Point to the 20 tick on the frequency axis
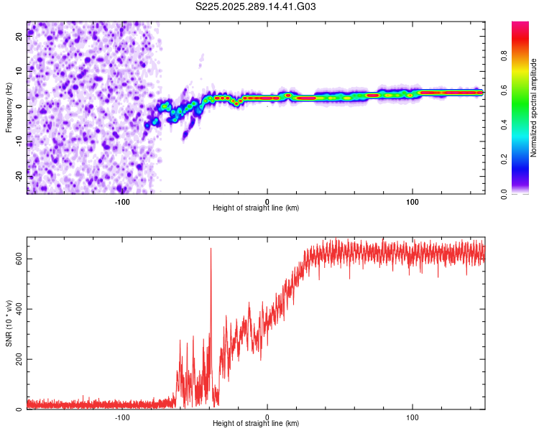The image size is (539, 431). point(19,38)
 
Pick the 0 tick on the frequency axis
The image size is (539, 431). point(19,106)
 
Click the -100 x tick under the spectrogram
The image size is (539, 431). point(122,201)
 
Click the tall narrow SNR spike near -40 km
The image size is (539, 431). point(211,251)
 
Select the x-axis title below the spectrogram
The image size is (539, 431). point(256,208)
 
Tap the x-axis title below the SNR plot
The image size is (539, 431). point(256,424)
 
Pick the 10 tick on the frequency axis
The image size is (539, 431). point(19,72)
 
